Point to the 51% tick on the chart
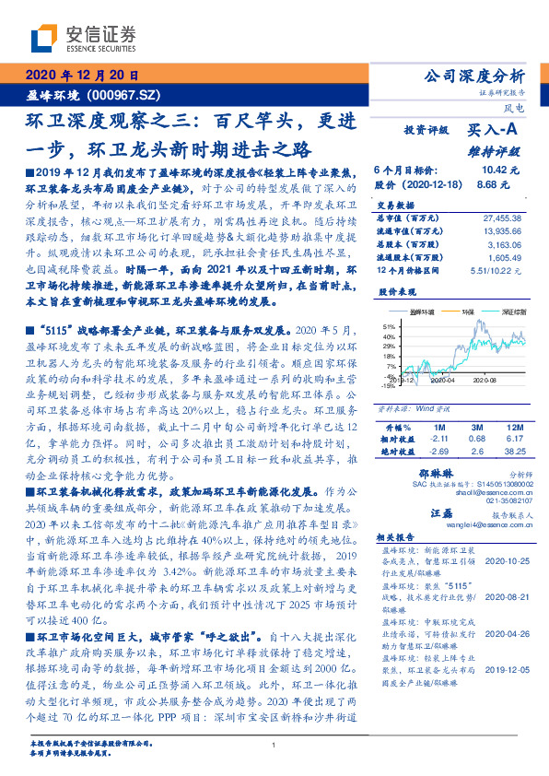pos(390,326)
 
